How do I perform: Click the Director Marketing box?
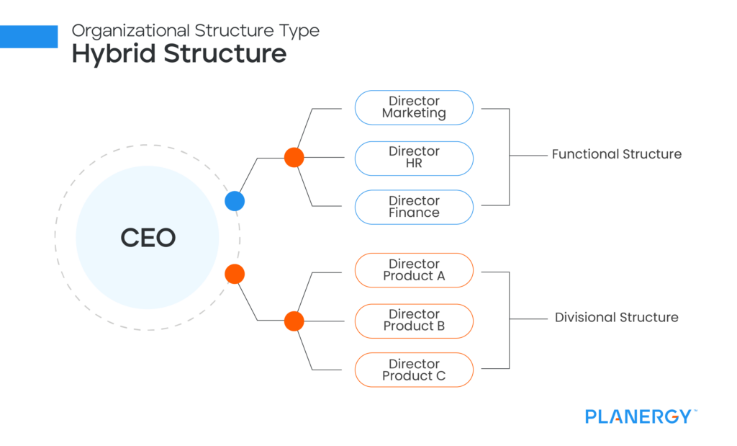[x=414, y=107]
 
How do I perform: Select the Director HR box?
[x=414, y=158]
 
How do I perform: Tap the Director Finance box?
[x=414, y=207]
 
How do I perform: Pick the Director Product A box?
[x=414, y=270]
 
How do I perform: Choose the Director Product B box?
[x=414, y=321]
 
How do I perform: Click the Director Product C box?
[x=414, y=370]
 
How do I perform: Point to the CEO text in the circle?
[x=148, y=238]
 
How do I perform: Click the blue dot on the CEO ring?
[x=235, y=201]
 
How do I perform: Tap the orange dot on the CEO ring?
[x=235, y=274]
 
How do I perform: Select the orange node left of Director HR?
[x=294, y=157]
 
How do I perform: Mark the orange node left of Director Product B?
[x=294, y=321]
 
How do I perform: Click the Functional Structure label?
[x=616, y=154]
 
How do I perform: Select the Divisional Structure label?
[x=616, y=317]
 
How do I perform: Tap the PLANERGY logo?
[x=638, y=416]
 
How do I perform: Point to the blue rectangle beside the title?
[x=29, y=36]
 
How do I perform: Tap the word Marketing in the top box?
[x=414, y=113]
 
